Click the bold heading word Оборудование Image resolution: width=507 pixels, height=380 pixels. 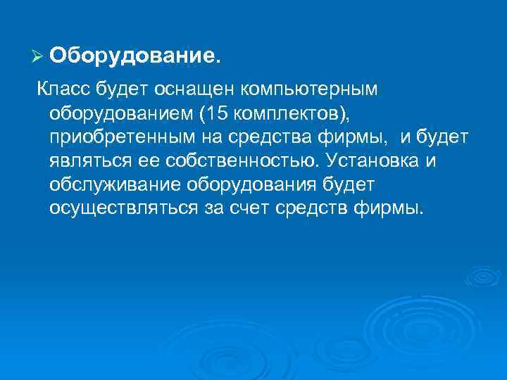coord(134,55)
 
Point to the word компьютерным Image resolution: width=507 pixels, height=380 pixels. coord(309,90)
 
